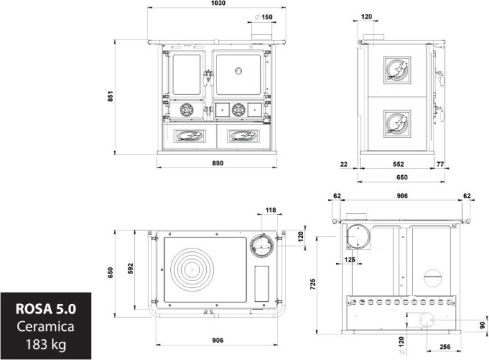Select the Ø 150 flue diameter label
[x=264, y=17]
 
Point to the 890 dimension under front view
[x=218, y=164]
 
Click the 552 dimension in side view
[x=398, y=165]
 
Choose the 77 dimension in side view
[x=440, y=165]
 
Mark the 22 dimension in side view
[x=344, y=165]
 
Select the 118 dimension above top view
[x=270, y=210]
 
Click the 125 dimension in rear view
[x=350, y=260]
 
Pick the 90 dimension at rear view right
[x=483, y=325]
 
